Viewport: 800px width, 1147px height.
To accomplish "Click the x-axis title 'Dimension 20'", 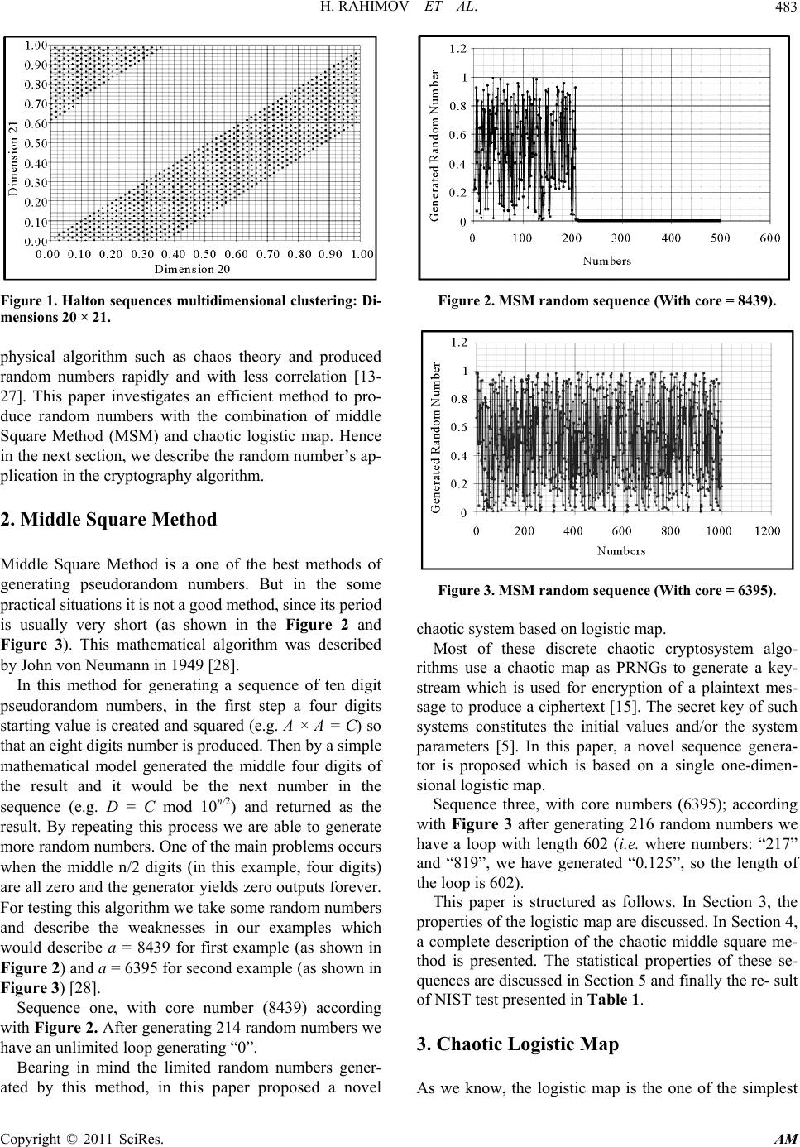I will tap(193, 268).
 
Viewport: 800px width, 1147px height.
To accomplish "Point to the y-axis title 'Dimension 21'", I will tap(13, 157).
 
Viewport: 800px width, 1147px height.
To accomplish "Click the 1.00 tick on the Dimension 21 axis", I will tap(36, 44).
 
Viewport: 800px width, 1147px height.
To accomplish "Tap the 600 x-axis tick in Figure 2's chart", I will tap(769, 238).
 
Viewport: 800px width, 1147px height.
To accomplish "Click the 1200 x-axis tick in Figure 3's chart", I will tap(767, 530).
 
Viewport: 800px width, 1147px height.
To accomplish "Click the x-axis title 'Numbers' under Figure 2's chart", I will tap(606, 261).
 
